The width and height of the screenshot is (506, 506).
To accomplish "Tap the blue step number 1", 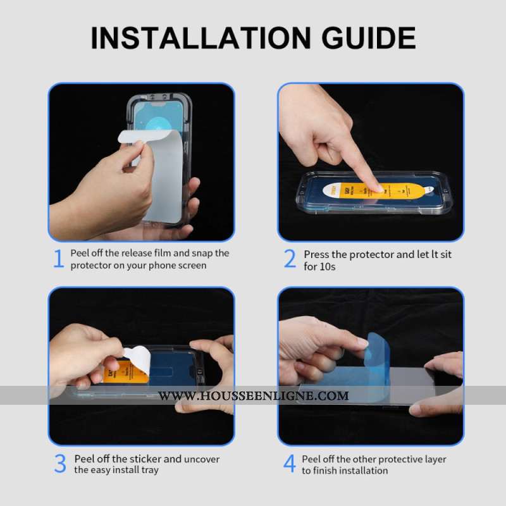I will [x=59, y=259].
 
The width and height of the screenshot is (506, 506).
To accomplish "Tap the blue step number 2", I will [x=290, y=259].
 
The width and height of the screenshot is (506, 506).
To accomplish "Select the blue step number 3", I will [x=60, y=464].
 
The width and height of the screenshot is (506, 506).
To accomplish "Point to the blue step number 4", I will [x=289, y=464].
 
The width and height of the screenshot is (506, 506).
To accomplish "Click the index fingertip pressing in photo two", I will [x=376, y=187].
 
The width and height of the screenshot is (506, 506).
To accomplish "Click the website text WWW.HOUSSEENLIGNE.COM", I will [x=253, y=396].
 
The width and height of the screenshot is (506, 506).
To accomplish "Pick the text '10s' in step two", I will [x=328, y=267].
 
